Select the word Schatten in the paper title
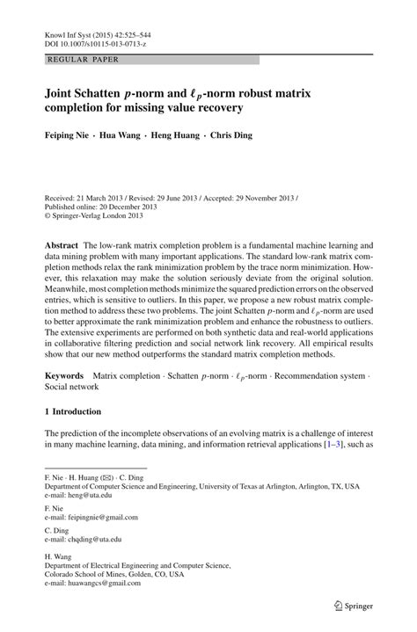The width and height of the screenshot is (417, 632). (109, 91)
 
